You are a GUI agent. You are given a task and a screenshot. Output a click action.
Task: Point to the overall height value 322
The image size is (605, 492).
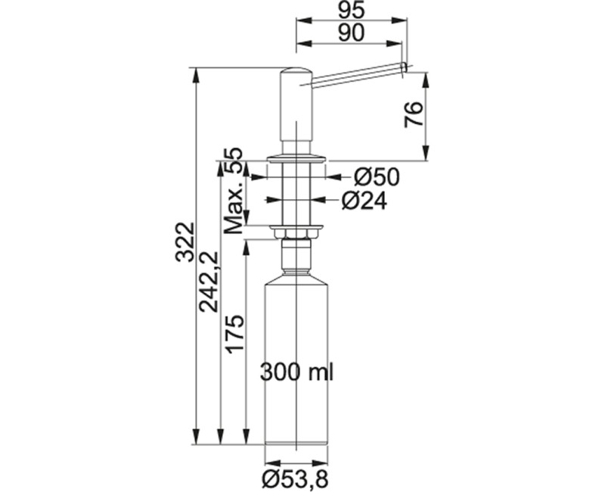click(x=185, y=241)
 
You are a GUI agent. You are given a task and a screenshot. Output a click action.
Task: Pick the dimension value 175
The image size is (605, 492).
click(x=234, y=334)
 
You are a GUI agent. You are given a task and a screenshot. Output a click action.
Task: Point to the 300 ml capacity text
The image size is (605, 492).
click(x=297, y=372)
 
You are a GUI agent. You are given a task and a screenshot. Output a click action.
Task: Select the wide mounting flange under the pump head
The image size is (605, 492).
click(x=297, y=158)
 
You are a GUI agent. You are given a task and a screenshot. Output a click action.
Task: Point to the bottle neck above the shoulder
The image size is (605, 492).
click(x=297, y=261)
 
